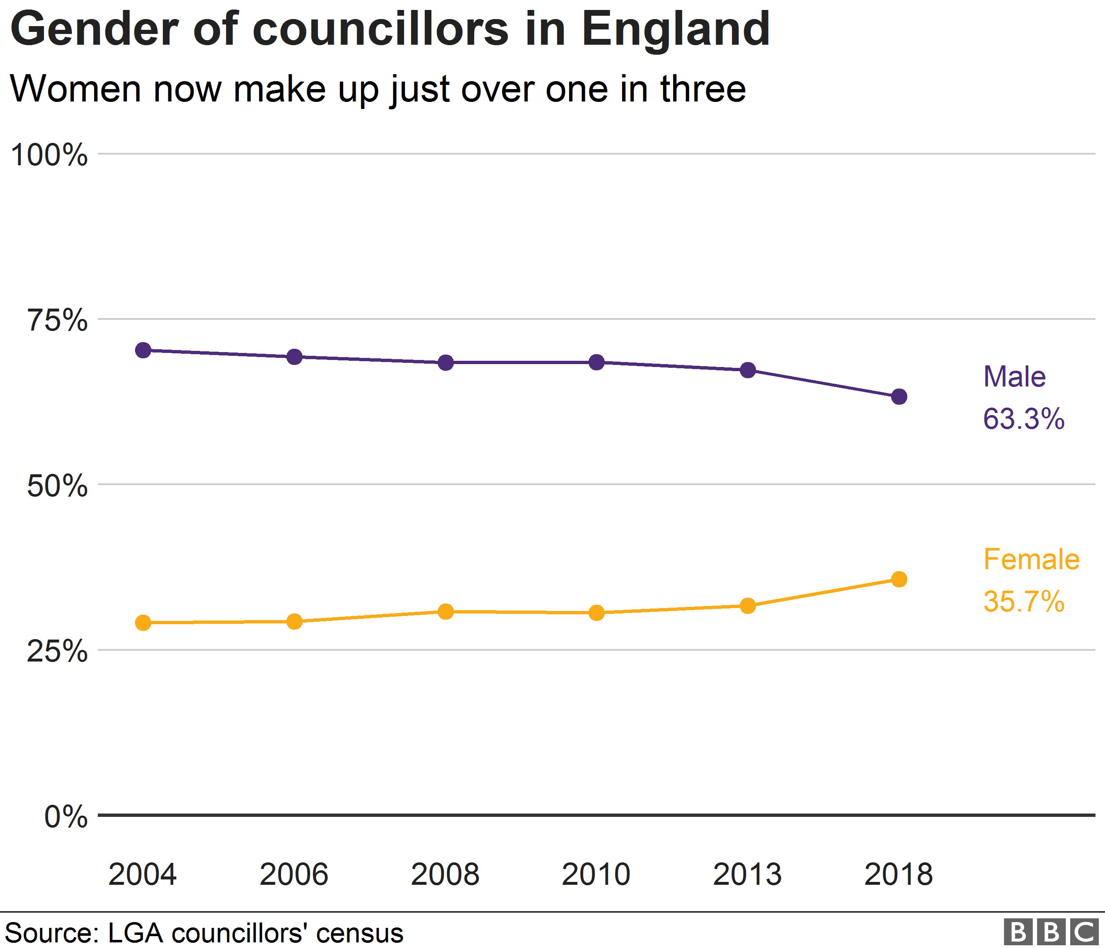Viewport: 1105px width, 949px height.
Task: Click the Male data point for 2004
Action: click(x=143, y=350)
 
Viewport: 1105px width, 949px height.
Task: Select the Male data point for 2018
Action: click(x=899, y=396)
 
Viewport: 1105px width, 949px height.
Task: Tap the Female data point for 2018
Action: click(x=899, y=579)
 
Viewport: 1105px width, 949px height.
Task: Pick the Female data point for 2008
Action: click(x=446, y=612)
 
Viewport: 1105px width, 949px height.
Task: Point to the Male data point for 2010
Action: click(x=597, y=362)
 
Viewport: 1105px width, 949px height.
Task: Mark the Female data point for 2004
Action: click(x=143, y=622)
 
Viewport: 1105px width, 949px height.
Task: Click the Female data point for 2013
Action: click(x=748, y=606)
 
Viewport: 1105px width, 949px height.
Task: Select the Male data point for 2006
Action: click(x=294, y=357)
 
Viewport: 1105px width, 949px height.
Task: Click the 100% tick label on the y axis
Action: click(x=49, y=156)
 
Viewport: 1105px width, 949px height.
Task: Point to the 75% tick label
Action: click(x=57, y=321)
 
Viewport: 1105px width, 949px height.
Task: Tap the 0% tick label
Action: click(x=65, y=817)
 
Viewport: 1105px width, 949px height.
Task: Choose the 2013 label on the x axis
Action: click(x=747, y=874)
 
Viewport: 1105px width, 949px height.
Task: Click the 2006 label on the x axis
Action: click(x=294, y=874)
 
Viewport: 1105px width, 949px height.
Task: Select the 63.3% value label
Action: click(x=1023, y=419)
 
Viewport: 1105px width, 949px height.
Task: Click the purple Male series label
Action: click(x=1014, y=377)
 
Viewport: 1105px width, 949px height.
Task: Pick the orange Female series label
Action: click(x=1031, y=560)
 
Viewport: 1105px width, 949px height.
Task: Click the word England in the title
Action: click(x=676, y=29)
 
